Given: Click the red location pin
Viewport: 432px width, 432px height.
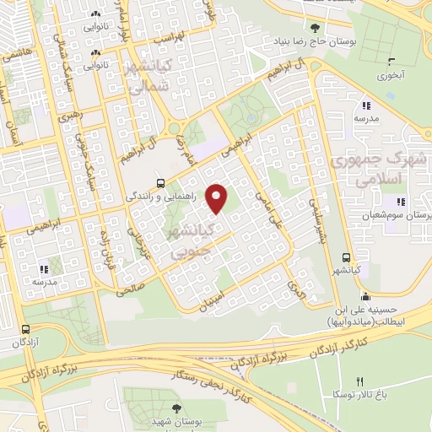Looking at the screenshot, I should click(x=217, y=198).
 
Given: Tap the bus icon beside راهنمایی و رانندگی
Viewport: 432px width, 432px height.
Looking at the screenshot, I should click(x=160, y=182).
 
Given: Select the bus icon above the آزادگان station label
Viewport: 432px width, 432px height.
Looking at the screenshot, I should click(x=26, y=329).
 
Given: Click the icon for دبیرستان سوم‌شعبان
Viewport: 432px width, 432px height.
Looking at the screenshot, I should click(x=400, y=202).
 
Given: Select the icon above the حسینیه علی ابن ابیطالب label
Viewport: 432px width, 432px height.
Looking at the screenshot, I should click(x=364, y=295).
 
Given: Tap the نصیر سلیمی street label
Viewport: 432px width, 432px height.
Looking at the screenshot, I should click(x=316, y=218).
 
